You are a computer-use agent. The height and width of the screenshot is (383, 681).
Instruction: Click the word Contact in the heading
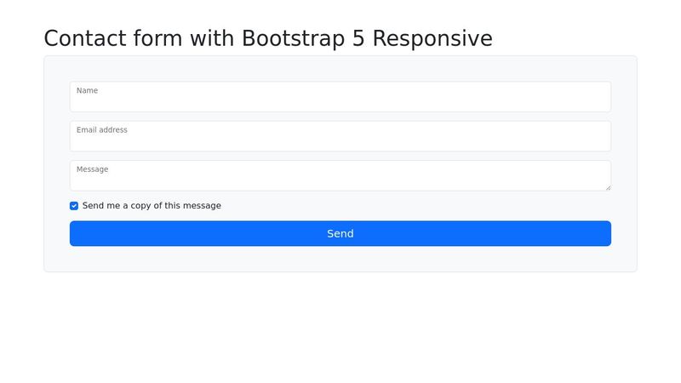tap(84, 38)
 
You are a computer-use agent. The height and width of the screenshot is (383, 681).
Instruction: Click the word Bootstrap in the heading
tap(294, 38)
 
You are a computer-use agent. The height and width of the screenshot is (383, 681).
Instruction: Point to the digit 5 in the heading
tap(358, 38)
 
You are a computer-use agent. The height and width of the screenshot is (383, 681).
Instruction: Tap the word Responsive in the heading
tap(432, 38)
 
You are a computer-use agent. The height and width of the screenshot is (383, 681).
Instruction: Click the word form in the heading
tap(157, 38)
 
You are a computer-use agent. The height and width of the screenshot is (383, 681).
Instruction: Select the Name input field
tap(340, 97)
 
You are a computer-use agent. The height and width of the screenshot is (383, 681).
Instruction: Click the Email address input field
tap(340, 136)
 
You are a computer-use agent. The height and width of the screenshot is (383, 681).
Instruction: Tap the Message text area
tap(340, 175)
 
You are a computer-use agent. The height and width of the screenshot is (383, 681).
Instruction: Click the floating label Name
tap(88, 91)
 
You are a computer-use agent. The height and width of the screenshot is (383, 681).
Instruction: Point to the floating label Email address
tap(102, 130)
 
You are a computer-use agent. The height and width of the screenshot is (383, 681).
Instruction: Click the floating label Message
tap(93, 169)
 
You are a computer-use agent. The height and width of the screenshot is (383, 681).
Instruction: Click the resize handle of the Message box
tap(608, 187)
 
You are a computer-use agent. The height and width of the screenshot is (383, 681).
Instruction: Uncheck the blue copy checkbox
tap(74, 206)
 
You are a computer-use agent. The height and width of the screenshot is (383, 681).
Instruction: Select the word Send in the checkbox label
tap(93, 206)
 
